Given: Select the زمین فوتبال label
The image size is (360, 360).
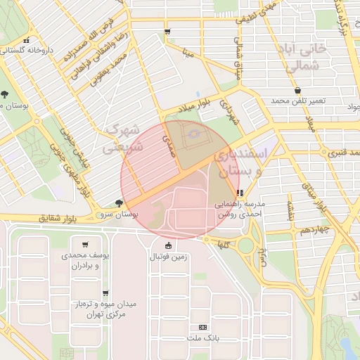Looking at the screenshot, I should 167,257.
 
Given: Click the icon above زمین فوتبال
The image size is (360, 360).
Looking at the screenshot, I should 167,246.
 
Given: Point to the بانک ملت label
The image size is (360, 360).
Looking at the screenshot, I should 204,338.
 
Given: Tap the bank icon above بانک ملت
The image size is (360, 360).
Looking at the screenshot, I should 204,328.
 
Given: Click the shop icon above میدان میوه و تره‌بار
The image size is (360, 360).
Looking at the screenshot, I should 105,293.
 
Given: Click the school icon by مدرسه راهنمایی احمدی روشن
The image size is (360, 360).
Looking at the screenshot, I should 240,192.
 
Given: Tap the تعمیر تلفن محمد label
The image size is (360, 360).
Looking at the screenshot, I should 300,101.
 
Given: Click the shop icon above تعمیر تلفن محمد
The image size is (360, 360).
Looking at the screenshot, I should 300,91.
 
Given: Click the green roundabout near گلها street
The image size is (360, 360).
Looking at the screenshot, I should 245,246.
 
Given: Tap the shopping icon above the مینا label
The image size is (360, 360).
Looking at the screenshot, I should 167,32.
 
